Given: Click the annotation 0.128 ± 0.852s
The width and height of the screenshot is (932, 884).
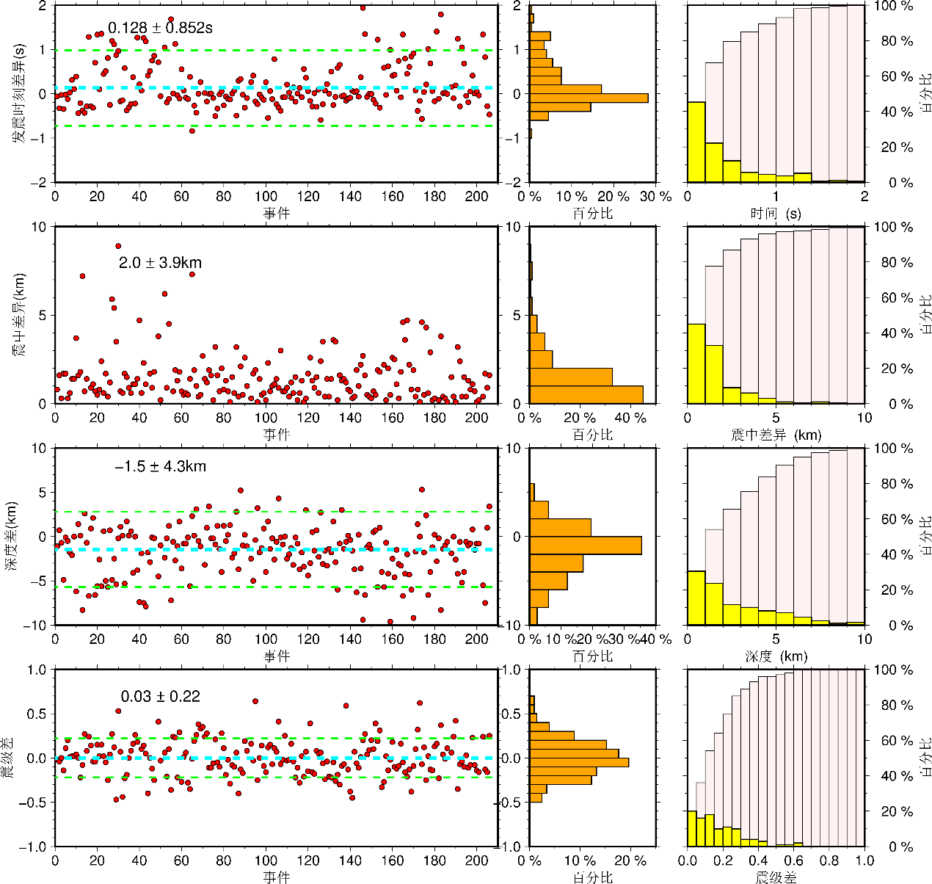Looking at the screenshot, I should (160, 29).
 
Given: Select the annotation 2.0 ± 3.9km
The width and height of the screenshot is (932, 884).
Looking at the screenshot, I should (160, 263).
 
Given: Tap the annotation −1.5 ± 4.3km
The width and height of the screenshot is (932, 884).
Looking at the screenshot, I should (160, 466).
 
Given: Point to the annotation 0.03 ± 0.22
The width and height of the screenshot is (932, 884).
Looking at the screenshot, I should (160, 697).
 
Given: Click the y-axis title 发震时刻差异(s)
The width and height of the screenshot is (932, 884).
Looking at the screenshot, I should (20, 93).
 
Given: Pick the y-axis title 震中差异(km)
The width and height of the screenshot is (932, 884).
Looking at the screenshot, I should (20, 316).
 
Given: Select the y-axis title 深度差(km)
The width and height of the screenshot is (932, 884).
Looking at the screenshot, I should (12, 537).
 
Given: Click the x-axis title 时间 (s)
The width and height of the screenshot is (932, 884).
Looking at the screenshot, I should (776, 214).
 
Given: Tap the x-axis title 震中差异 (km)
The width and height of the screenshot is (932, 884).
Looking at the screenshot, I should (776, 435).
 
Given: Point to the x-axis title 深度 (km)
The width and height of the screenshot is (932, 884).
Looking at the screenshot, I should (776, 656).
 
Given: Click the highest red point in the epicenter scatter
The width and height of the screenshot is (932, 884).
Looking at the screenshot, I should (118, 246).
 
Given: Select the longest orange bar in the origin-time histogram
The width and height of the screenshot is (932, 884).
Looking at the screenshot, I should (589, 98).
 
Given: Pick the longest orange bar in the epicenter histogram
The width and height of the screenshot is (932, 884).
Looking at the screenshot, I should (586, 394).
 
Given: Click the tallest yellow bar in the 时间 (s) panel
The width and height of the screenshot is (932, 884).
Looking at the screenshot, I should (696, 142).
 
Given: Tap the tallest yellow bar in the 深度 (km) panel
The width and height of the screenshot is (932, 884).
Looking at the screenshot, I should (696, 598).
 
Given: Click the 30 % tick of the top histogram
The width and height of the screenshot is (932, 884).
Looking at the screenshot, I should (656, 197).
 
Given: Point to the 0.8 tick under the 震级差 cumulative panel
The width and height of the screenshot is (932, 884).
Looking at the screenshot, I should (829, 860).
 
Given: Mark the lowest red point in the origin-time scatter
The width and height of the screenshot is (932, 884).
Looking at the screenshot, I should (192, 131).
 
